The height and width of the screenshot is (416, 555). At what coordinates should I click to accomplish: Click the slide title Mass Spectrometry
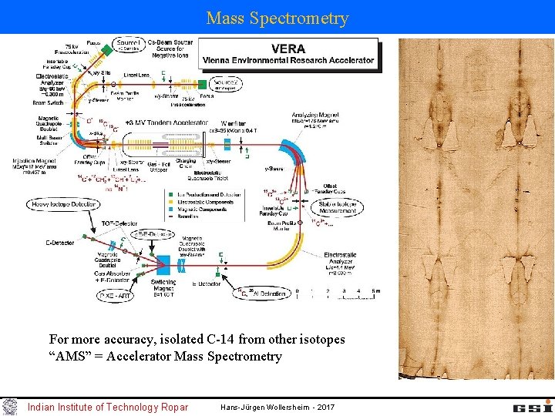tap(277, 18)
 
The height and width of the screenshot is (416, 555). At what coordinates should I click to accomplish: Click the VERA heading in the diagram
tap(288, 48)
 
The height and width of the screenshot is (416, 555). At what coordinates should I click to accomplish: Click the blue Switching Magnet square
tap(165, 266)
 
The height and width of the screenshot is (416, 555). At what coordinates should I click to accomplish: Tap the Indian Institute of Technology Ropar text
tap(107, 407)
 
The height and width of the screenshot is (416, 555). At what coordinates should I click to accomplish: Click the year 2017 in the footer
tap(325, 407)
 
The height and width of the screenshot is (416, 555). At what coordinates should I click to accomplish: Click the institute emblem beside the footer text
tap(10, 406)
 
